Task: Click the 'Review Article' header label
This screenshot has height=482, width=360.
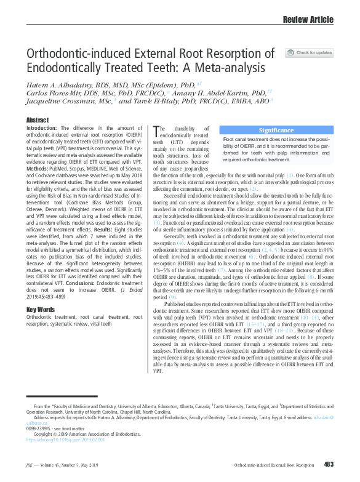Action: pyautogui.click(x=308, y=20)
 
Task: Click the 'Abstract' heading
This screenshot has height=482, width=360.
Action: pyautogui.click(x=38, y=119)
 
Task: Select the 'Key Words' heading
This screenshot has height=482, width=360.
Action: pyautogui.click(x=40, y=310)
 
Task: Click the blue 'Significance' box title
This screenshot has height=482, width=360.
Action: pyautogui.click(x=276, y=130)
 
